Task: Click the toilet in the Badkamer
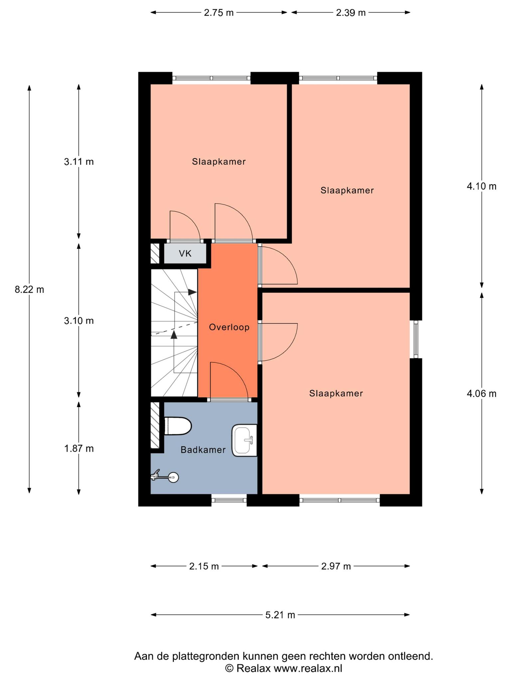tap(178, 426)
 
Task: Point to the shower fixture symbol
tap(165, 477)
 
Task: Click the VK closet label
tap(185, 254)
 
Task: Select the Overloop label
tap(229, 328)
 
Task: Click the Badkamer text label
tap(203, 450)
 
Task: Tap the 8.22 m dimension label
tap(29, 290)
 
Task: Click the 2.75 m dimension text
tap(219, 13)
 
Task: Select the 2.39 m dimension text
tap(351, 13)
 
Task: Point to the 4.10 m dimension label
tap(481, 187)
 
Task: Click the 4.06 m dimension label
tap(481, 394)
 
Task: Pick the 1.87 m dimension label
tap(79, 449)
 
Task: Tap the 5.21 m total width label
tap(280, 615)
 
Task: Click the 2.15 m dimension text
tap(204, 566)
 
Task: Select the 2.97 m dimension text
tap(336, 566)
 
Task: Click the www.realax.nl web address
tap(308, 668)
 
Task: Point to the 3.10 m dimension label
tap(79, 321)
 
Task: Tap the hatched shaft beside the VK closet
tap(155, 254)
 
